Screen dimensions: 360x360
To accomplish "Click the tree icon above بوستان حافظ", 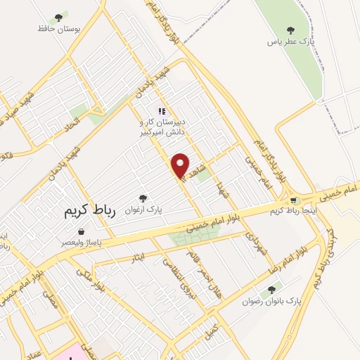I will (x=59, y=18).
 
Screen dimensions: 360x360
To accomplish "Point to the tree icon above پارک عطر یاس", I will (x=291, y=30).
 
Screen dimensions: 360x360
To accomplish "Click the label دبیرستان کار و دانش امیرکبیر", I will (x=162, y=126).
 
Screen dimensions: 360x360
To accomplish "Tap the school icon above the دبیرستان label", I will (x=162, y=110).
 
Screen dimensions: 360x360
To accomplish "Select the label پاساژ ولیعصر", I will (x=81, y=242).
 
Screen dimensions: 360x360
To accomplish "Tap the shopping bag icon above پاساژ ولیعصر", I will (x=81, y=231).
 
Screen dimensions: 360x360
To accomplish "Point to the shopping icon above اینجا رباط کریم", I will (x=294, y=200).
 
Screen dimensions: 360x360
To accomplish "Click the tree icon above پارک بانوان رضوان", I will (x=272, y=289).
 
